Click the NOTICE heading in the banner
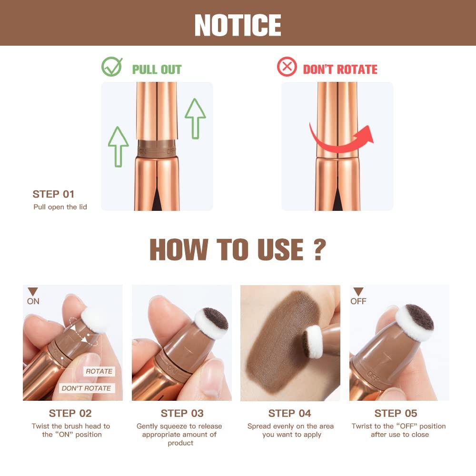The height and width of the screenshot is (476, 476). [238, 25]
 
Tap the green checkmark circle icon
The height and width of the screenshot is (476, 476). [112, 67]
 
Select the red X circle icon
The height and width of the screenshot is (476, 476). [287, 67]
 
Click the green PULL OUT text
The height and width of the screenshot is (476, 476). [157, 69]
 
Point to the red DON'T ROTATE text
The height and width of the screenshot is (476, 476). [340, 69]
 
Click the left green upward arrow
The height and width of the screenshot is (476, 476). [118, 146]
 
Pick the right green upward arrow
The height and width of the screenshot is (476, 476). [195, 119]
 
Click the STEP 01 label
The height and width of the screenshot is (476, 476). [54, 194]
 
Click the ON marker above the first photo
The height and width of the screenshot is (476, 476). [33, 297]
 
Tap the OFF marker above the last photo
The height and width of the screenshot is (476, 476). [358, 297]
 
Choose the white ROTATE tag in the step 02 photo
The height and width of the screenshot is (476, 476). [99, 371]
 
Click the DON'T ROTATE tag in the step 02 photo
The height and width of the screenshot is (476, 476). [86, 388]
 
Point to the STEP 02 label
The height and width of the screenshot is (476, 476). [70, 413]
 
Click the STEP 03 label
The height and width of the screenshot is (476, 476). [182, 413]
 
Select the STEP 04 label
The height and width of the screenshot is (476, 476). [289, 413]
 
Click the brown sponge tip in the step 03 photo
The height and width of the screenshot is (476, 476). [215, 317]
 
